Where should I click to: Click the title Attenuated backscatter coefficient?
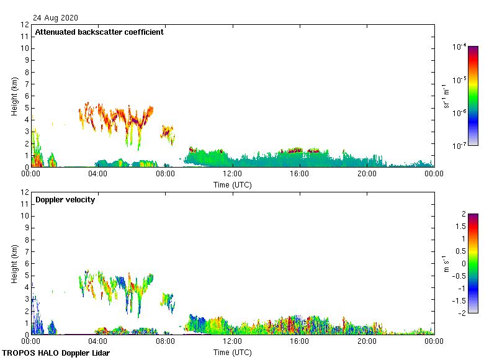tap(99, 32)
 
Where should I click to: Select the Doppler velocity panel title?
tap(65, 200)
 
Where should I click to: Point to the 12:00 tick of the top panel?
tap(232, 174)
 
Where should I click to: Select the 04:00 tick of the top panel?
tap(98, 174)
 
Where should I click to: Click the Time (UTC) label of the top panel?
tap(232, 184)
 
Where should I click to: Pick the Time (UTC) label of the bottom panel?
tap(232, 352)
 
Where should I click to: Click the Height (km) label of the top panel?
tap(14, 96)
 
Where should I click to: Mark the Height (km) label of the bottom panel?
tap(14, 264)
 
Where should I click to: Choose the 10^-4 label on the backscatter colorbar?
tap(459, 47)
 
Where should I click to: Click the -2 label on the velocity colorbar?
tap(462, 313)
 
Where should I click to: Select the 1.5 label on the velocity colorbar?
tap(463, 226)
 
